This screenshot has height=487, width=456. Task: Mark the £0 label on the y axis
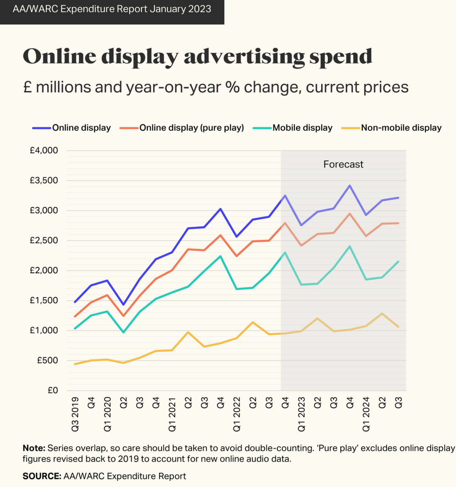coord(53,391)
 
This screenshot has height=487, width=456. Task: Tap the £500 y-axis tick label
coord(47,361)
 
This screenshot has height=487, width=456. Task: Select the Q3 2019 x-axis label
coord(75,415)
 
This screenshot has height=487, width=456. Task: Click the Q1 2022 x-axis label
coord(237,415)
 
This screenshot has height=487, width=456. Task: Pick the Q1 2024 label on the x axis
coord(366,415)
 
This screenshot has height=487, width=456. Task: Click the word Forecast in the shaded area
coord(343,165)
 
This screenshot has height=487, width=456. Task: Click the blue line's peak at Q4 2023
coord(349,186)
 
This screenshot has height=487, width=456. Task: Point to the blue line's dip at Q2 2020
coord(123,305)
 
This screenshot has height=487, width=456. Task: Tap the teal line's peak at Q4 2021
coord(220,256)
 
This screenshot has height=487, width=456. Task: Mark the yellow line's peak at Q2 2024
coord(382,313)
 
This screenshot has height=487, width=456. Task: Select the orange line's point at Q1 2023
coord(301,246)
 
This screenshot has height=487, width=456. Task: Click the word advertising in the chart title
coord(244,57)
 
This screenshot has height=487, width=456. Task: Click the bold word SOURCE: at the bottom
coord(41,476)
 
